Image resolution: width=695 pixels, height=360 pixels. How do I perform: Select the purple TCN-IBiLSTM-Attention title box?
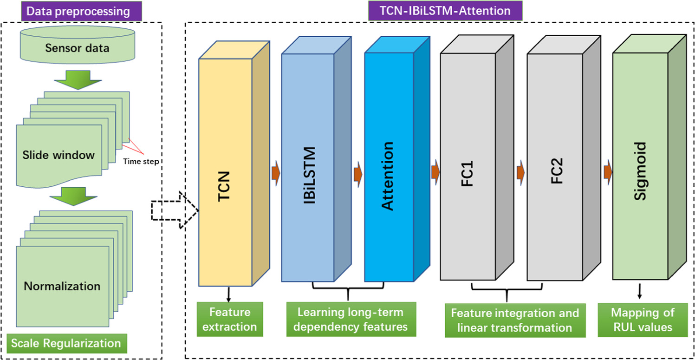coord(433,10)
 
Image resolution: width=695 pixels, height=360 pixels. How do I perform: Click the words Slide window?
coord(58,154)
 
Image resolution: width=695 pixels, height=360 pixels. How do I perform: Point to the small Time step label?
coord(141,162)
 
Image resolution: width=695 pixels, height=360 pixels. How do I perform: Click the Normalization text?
coord(62,285)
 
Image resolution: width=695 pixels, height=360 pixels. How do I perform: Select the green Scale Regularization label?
coord(65,343)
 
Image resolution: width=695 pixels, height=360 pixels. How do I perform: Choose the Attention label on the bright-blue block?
coord(387,176)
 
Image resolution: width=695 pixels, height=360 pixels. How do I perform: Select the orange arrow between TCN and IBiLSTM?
coord(276,172)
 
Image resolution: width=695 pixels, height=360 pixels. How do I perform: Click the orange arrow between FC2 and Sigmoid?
coord(607,172)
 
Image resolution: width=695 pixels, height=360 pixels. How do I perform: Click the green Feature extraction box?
coord(229,319)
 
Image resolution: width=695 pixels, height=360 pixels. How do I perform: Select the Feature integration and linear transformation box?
coord(514,320)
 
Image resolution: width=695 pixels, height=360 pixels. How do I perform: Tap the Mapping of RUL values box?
coord(643,319)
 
